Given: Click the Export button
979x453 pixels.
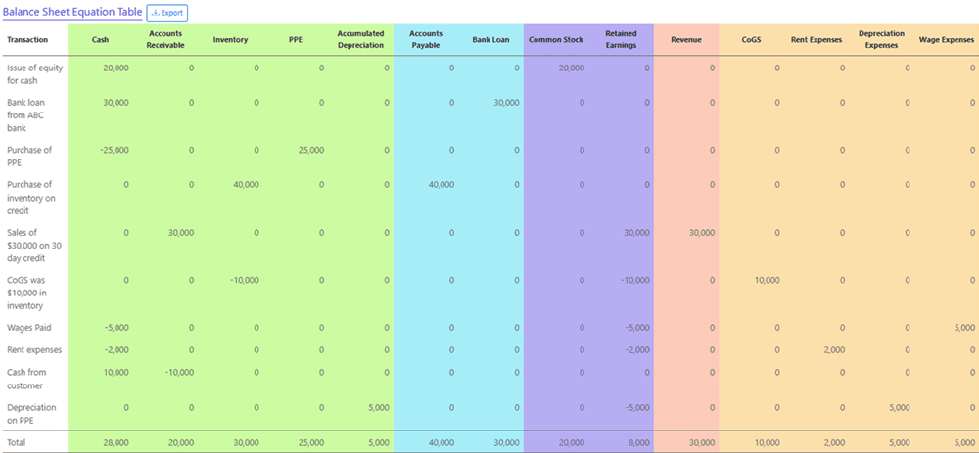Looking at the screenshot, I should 166,13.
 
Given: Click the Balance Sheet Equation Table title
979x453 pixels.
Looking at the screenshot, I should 71,13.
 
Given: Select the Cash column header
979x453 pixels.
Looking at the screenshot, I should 100,40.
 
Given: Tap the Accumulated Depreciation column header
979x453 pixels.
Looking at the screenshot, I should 360,40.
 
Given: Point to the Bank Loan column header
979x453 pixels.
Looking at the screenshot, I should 490,40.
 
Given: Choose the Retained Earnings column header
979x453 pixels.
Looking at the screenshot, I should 621,40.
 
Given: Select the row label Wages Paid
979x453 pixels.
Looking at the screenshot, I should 28,328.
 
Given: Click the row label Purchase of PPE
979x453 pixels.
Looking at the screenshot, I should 29,157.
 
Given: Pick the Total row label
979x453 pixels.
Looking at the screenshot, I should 19,442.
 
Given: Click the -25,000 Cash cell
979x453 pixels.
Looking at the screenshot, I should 115,150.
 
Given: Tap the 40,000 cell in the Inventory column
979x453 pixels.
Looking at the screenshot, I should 245,184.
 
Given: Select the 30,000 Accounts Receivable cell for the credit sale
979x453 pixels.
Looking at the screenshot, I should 180,232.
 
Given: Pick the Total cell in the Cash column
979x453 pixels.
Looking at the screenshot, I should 116,442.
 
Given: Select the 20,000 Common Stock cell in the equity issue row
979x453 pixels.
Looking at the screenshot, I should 571,68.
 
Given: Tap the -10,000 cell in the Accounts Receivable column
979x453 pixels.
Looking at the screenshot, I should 178,372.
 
